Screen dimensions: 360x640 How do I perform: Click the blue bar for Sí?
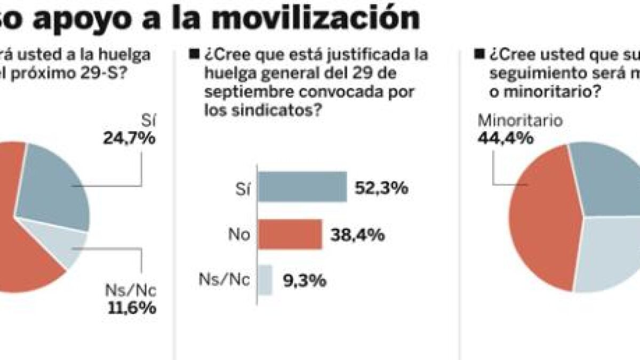tap(302, 187)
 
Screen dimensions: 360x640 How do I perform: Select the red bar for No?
tap(290, 234)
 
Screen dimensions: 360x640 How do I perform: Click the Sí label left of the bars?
tap(243, 188)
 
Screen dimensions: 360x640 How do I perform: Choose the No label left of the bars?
tap(239, 235)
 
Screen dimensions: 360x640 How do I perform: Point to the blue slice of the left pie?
tap(53, 187)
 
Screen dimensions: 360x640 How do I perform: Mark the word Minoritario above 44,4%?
tap(519, 121)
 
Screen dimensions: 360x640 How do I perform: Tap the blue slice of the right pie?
tap(608, 176)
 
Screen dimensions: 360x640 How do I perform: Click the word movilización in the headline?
tap(314, 18)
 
